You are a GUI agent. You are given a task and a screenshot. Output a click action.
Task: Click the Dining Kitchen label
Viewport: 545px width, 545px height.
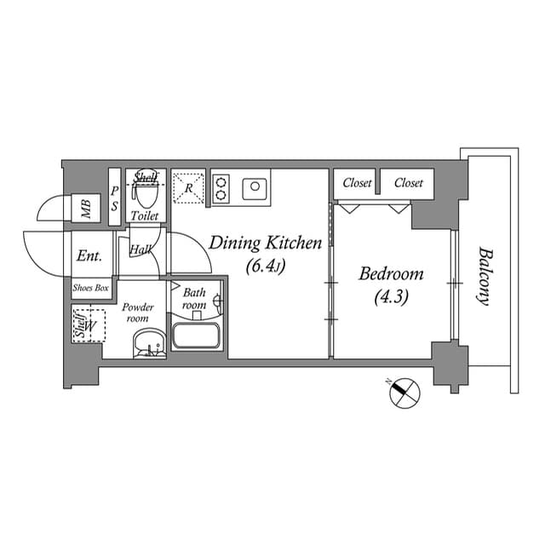point(265,243)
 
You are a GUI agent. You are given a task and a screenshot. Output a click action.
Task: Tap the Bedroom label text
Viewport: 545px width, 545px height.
point(391,274)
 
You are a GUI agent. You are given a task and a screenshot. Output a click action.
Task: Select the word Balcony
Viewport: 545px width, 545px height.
point(485,276)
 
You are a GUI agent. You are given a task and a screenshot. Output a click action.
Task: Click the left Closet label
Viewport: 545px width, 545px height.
point(357,183)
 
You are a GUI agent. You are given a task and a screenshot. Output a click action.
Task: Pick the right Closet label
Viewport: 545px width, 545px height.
point(409,183)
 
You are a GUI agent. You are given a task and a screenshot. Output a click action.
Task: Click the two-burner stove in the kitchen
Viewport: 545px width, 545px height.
point(221,189)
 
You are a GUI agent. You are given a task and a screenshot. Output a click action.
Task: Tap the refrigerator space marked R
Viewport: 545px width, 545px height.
point(188,188)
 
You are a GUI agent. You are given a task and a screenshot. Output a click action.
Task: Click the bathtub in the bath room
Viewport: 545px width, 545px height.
point(197,336)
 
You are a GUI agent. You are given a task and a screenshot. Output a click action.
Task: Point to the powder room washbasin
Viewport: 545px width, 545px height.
point(150,344)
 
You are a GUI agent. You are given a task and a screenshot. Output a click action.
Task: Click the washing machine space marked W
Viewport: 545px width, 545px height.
point(89,325)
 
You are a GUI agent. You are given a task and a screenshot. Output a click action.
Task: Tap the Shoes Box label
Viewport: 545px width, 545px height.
point(91,288)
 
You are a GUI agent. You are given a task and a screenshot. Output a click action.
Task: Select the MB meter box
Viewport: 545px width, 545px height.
point(86,208)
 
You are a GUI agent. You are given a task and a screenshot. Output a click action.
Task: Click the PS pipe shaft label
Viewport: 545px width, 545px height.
point(114,198)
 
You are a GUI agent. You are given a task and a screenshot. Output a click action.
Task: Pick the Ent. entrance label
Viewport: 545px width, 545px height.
point(89,256)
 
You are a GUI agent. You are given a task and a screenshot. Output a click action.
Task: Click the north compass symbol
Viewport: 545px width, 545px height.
point(404,393)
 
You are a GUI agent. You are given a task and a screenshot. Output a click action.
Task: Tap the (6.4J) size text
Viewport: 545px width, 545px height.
point(266,267)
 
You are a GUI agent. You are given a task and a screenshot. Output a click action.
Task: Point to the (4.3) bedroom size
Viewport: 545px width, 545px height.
point(392,297)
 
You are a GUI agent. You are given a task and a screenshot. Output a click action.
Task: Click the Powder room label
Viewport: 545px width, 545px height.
point(138,313)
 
